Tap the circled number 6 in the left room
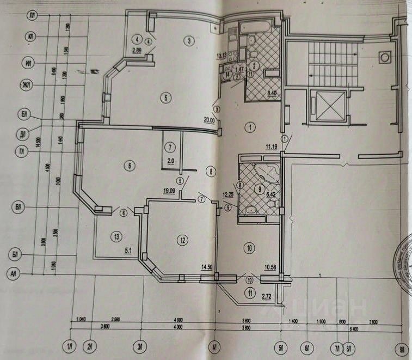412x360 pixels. pyautogui.click(x=128, y=165)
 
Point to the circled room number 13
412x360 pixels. pyautogui.click(x=115, y=236)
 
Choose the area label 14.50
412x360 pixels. pyautogui.click(x=206, y=267)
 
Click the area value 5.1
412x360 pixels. pyautogui.click(x=129, y=251)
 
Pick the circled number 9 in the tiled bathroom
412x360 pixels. pyautogui.click(x=260, y=190)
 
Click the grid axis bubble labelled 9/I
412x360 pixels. pyautogui.click(x=403, y=346)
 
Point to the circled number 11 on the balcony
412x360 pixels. pyautogui.click(x=250, y=294)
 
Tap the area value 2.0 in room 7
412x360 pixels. pyautogui.click(x=170, y=161)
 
